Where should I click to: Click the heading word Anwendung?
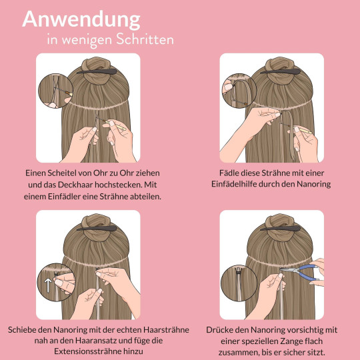[x=81, y=19]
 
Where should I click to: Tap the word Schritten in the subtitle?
[x=143, y=40]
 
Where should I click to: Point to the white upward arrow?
[x=47, y=285]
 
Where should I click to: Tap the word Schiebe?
[x=23, y=330]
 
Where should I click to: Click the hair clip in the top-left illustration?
[x=95, y=69]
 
